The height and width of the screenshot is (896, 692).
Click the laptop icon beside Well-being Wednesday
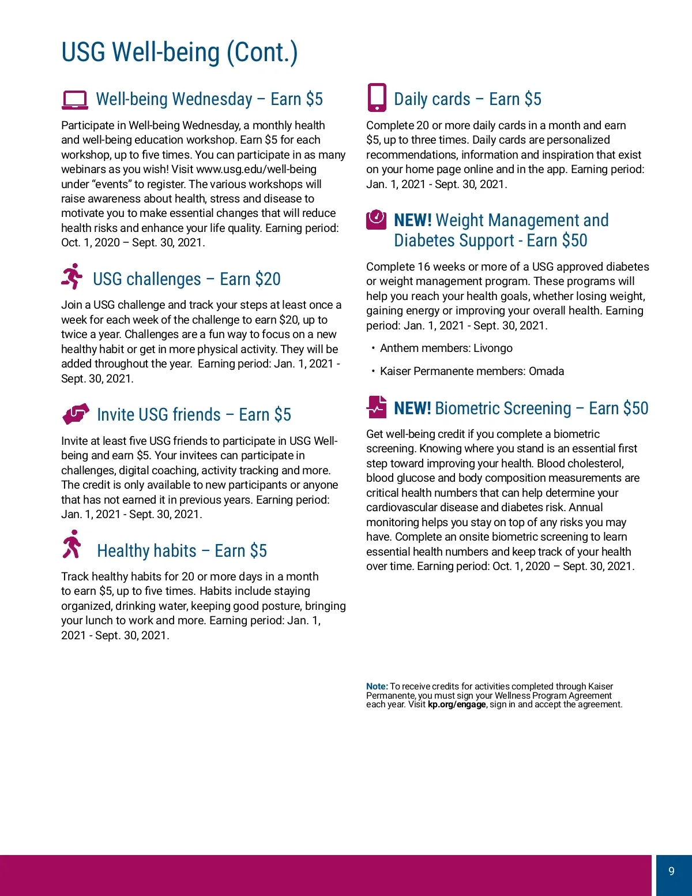click(75, 100)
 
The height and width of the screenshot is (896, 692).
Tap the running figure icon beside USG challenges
click(72, 276)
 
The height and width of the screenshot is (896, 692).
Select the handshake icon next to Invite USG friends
click(76, 413)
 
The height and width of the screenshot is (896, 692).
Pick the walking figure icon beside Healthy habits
click(72, 545)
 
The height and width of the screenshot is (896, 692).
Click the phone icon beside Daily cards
click(377, 98)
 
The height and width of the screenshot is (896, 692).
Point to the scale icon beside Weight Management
click(376, 219)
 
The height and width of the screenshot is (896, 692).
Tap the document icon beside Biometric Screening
click(377, 407)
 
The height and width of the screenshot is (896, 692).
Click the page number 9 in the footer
click(671, 871)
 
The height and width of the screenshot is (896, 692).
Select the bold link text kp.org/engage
click(456, 704)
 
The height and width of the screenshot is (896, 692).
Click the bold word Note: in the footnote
click(377, 687)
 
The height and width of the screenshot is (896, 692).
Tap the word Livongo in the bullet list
click(492, 348)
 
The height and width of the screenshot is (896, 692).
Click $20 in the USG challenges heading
click(268, 279)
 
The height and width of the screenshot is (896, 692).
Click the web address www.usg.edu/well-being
click(256, 170)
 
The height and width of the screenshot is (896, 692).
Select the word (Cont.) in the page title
click(262, 53)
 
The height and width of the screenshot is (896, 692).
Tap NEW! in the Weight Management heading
click(412, 220)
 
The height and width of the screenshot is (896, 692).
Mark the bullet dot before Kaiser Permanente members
click(373, 372)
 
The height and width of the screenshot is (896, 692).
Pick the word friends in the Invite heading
click(189, 415)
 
